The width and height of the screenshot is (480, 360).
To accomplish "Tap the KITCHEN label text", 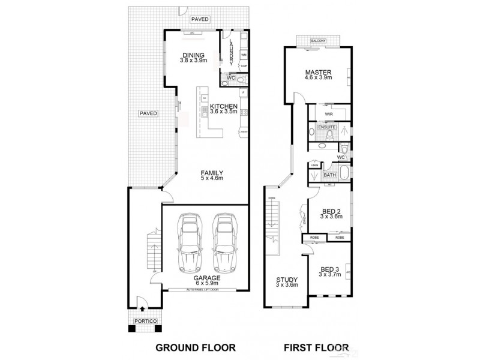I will click(x=224, y=107).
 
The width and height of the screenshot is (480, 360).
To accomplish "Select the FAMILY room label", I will click(x=212, y=172).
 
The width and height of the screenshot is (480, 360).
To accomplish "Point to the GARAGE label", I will click(x=206, y=278).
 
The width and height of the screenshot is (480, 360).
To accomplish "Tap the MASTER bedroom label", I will click(x=317, y=72).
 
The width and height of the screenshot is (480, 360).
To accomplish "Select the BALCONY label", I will click(x=318, y=41).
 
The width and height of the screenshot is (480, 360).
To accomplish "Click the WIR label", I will click(x=329, y=114).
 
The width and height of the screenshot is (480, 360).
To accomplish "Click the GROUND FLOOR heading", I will click(x=196, y=347).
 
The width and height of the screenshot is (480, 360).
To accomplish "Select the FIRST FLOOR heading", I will click(x=316, y=347).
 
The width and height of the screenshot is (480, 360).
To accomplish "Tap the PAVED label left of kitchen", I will click(x=148, y=113).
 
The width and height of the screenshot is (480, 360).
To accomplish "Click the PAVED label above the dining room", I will click(x=200, y=20).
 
